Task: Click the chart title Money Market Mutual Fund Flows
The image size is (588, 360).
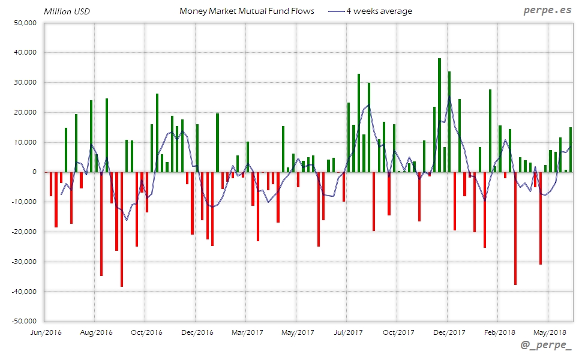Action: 247,11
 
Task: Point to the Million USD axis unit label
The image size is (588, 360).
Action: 67,11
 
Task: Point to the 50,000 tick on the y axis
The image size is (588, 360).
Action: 26,23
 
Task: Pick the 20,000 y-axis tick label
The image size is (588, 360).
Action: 26,112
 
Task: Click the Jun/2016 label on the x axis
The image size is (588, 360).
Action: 46,332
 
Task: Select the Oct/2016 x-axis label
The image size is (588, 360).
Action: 146,332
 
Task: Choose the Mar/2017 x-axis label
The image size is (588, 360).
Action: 247,332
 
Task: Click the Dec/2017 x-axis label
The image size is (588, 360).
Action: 449,332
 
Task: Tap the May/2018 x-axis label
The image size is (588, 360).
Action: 550,332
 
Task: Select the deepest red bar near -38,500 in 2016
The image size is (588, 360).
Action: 121,229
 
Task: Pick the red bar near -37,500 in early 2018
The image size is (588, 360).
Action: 515,228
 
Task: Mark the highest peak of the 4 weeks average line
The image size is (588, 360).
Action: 449,96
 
